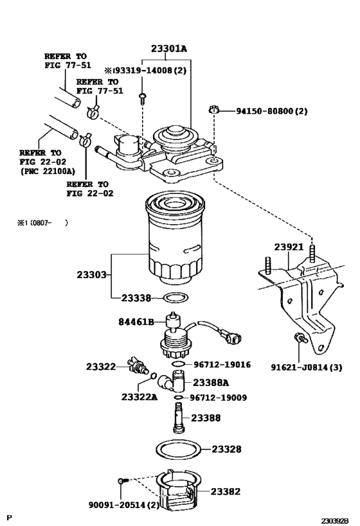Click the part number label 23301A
click(168, 49)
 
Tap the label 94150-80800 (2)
click(271, 110)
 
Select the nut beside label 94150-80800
click(213, 109)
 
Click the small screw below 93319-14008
click(142, 98)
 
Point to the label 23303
click(91, 275)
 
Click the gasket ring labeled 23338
click(176, 297)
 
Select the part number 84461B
click(136, 322)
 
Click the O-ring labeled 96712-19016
click(178, 364)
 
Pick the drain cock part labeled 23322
click(138, 365)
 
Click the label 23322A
click(139, 397)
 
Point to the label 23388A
click(211, 382)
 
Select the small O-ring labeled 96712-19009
click(179, 398)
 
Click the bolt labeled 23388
click(179, 417)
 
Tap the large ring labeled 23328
click(179, 450)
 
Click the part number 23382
click(226, 491)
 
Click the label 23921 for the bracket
click(289, 247)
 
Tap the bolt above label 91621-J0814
click(301, 337)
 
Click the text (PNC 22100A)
click(48, 171)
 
